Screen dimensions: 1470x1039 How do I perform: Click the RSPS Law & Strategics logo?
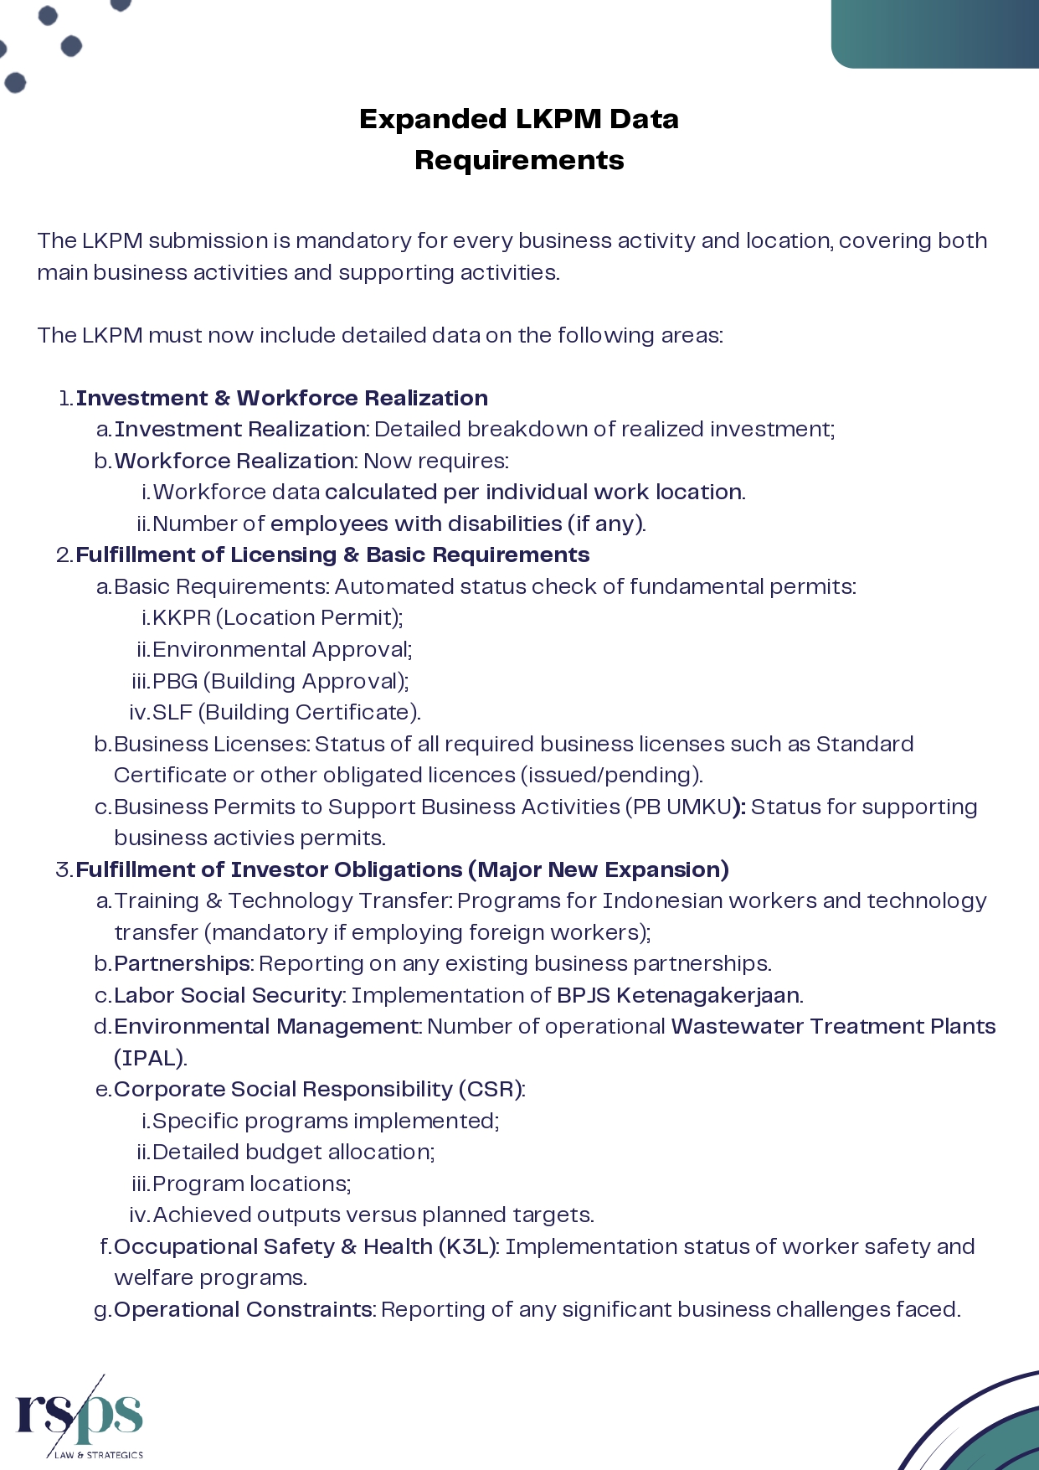point(80,1417)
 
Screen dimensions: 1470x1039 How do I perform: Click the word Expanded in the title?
point(419,119)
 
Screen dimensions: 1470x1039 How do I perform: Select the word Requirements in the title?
point(519,160)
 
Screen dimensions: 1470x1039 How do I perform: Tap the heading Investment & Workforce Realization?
point(282,398)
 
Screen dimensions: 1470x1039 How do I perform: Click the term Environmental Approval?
point(280,650)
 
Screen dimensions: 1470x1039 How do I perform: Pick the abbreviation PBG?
point(175,681)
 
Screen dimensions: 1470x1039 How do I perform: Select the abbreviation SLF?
point(172,713)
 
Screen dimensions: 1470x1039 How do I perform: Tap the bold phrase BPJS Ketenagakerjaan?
point(678,995)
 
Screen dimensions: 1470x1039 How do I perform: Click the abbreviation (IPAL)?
point(150,1058)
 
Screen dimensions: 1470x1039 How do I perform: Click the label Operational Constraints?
point(244,1309)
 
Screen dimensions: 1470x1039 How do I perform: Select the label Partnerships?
point(183,963)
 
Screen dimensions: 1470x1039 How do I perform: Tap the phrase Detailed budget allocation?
point(293,1153)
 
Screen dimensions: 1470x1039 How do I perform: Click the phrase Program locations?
point(251,1184)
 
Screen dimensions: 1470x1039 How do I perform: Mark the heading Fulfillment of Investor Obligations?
point(268,869)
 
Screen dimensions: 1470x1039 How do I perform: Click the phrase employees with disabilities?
point(416,524)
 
